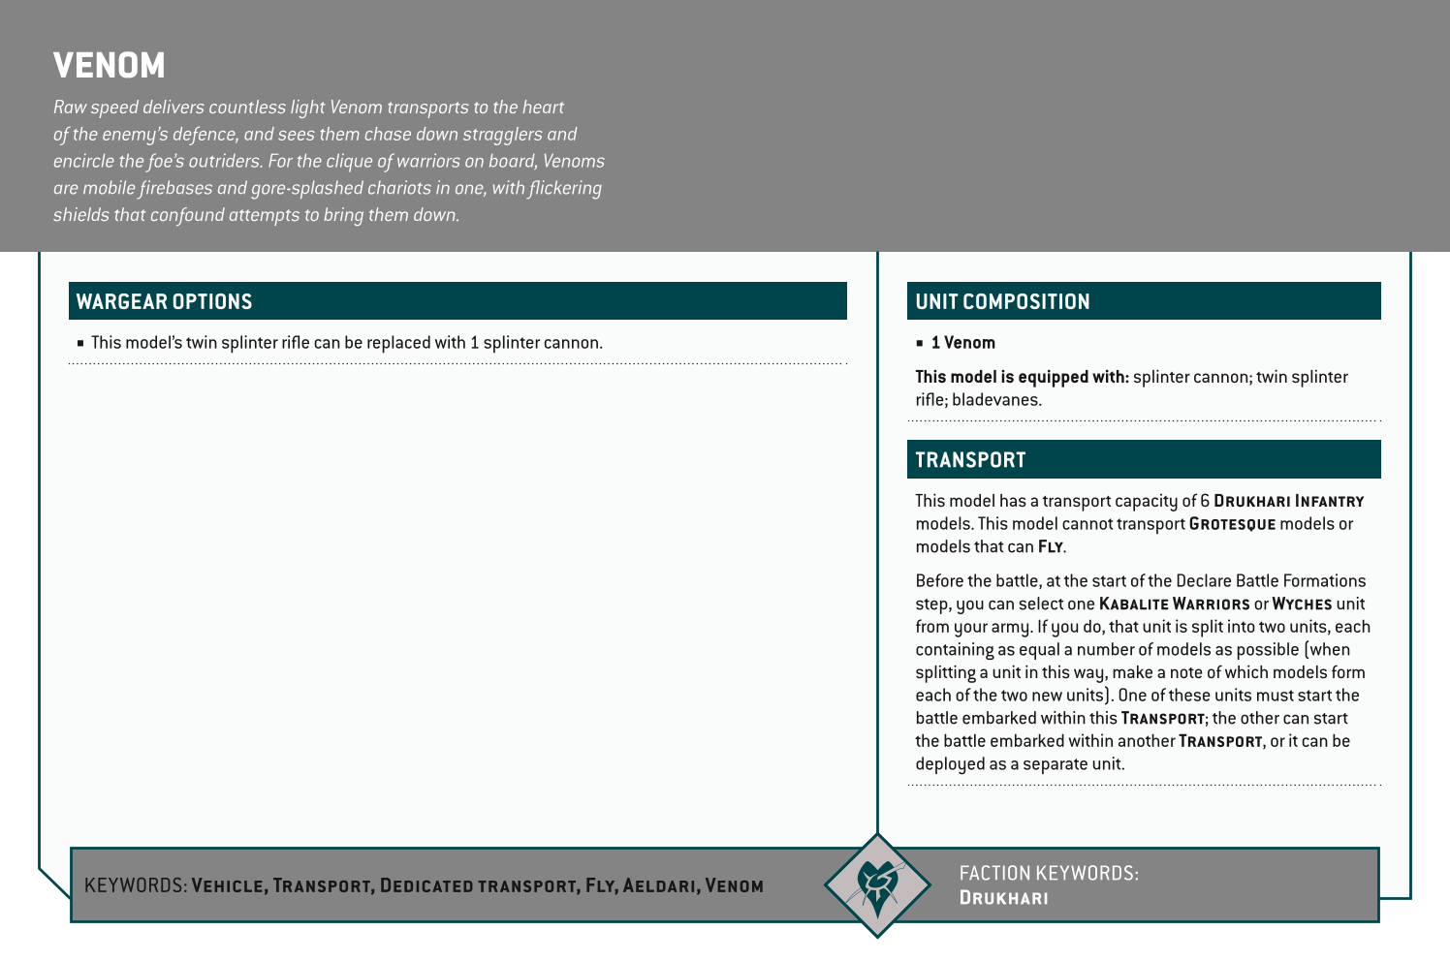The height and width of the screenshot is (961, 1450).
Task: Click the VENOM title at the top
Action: pos(110,66)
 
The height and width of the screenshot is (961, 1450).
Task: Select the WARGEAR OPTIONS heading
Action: pos(164,302)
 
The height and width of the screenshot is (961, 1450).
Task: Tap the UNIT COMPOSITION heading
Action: pos(1002,302)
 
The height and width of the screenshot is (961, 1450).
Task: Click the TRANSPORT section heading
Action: pos(970,460)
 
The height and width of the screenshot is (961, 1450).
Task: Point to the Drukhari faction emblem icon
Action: pos(877,884)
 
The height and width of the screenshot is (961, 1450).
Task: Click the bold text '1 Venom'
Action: pos(962,343)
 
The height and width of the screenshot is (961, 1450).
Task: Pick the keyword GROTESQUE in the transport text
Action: pos(1232,524)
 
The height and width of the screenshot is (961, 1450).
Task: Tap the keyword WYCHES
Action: pos(1302,604)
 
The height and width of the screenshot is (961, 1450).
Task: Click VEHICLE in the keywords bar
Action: pos(228,885)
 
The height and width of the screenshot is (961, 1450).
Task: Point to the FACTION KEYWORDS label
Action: pos(1049,873)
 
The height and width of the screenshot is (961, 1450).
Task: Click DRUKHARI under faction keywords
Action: pos(1003,898)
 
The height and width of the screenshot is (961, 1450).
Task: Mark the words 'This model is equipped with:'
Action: pos(1022,377)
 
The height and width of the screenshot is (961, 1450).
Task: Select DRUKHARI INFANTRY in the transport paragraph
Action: pos(1288,502)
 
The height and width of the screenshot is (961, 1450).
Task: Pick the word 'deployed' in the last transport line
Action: pos(949,764)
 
